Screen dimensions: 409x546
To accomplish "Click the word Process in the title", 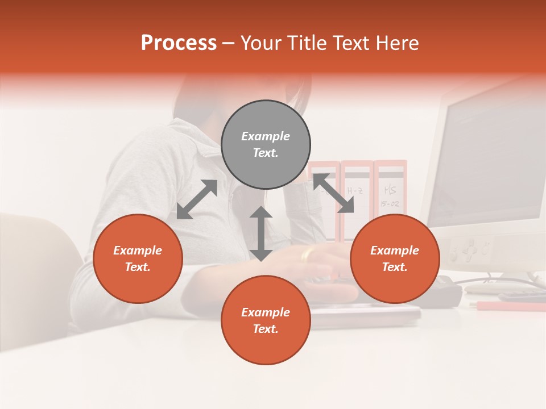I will [179, 43].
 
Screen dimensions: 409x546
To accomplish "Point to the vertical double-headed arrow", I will [261, 233].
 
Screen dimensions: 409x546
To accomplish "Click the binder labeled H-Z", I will [357, 196].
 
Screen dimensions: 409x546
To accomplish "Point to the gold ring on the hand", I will [307, 255].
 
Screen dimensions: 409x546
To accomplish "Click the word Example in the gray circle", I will [266, 136].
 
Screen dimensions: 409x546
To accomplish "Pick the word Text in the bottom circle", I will [266, 329].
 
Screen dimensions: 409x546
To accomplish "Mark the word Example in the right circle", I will [395, 251].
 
